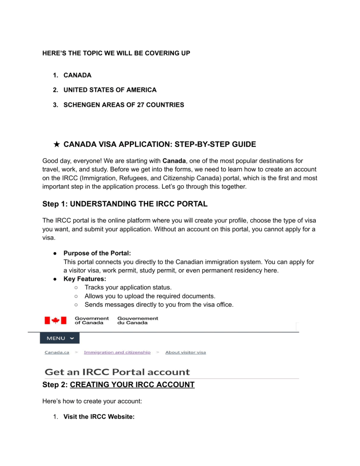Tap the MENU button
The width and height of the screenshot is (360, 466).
[x=60, y=338]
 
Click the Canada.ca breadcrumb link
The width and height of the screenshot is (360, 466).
[x=58, y=352]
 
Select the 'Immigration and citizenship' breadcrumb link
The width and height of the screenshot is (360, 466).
[x=117, y=352]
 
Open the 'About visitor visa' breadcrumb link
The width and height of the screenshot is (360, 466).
[x=185, y=352]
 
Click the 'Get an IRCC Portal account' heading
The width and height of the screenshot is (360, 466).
[x=117, y=372]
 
